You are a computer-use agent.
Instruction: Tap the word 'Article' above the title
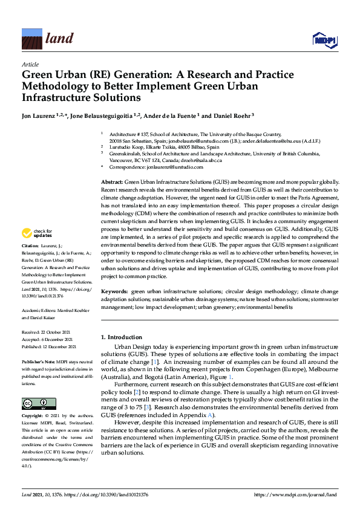(x=30, y=64)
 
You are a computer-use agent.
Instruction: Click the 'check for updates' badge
(x=36, y=233)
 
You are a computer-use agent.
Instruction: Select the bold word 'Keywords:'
(x=115, y=291)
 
